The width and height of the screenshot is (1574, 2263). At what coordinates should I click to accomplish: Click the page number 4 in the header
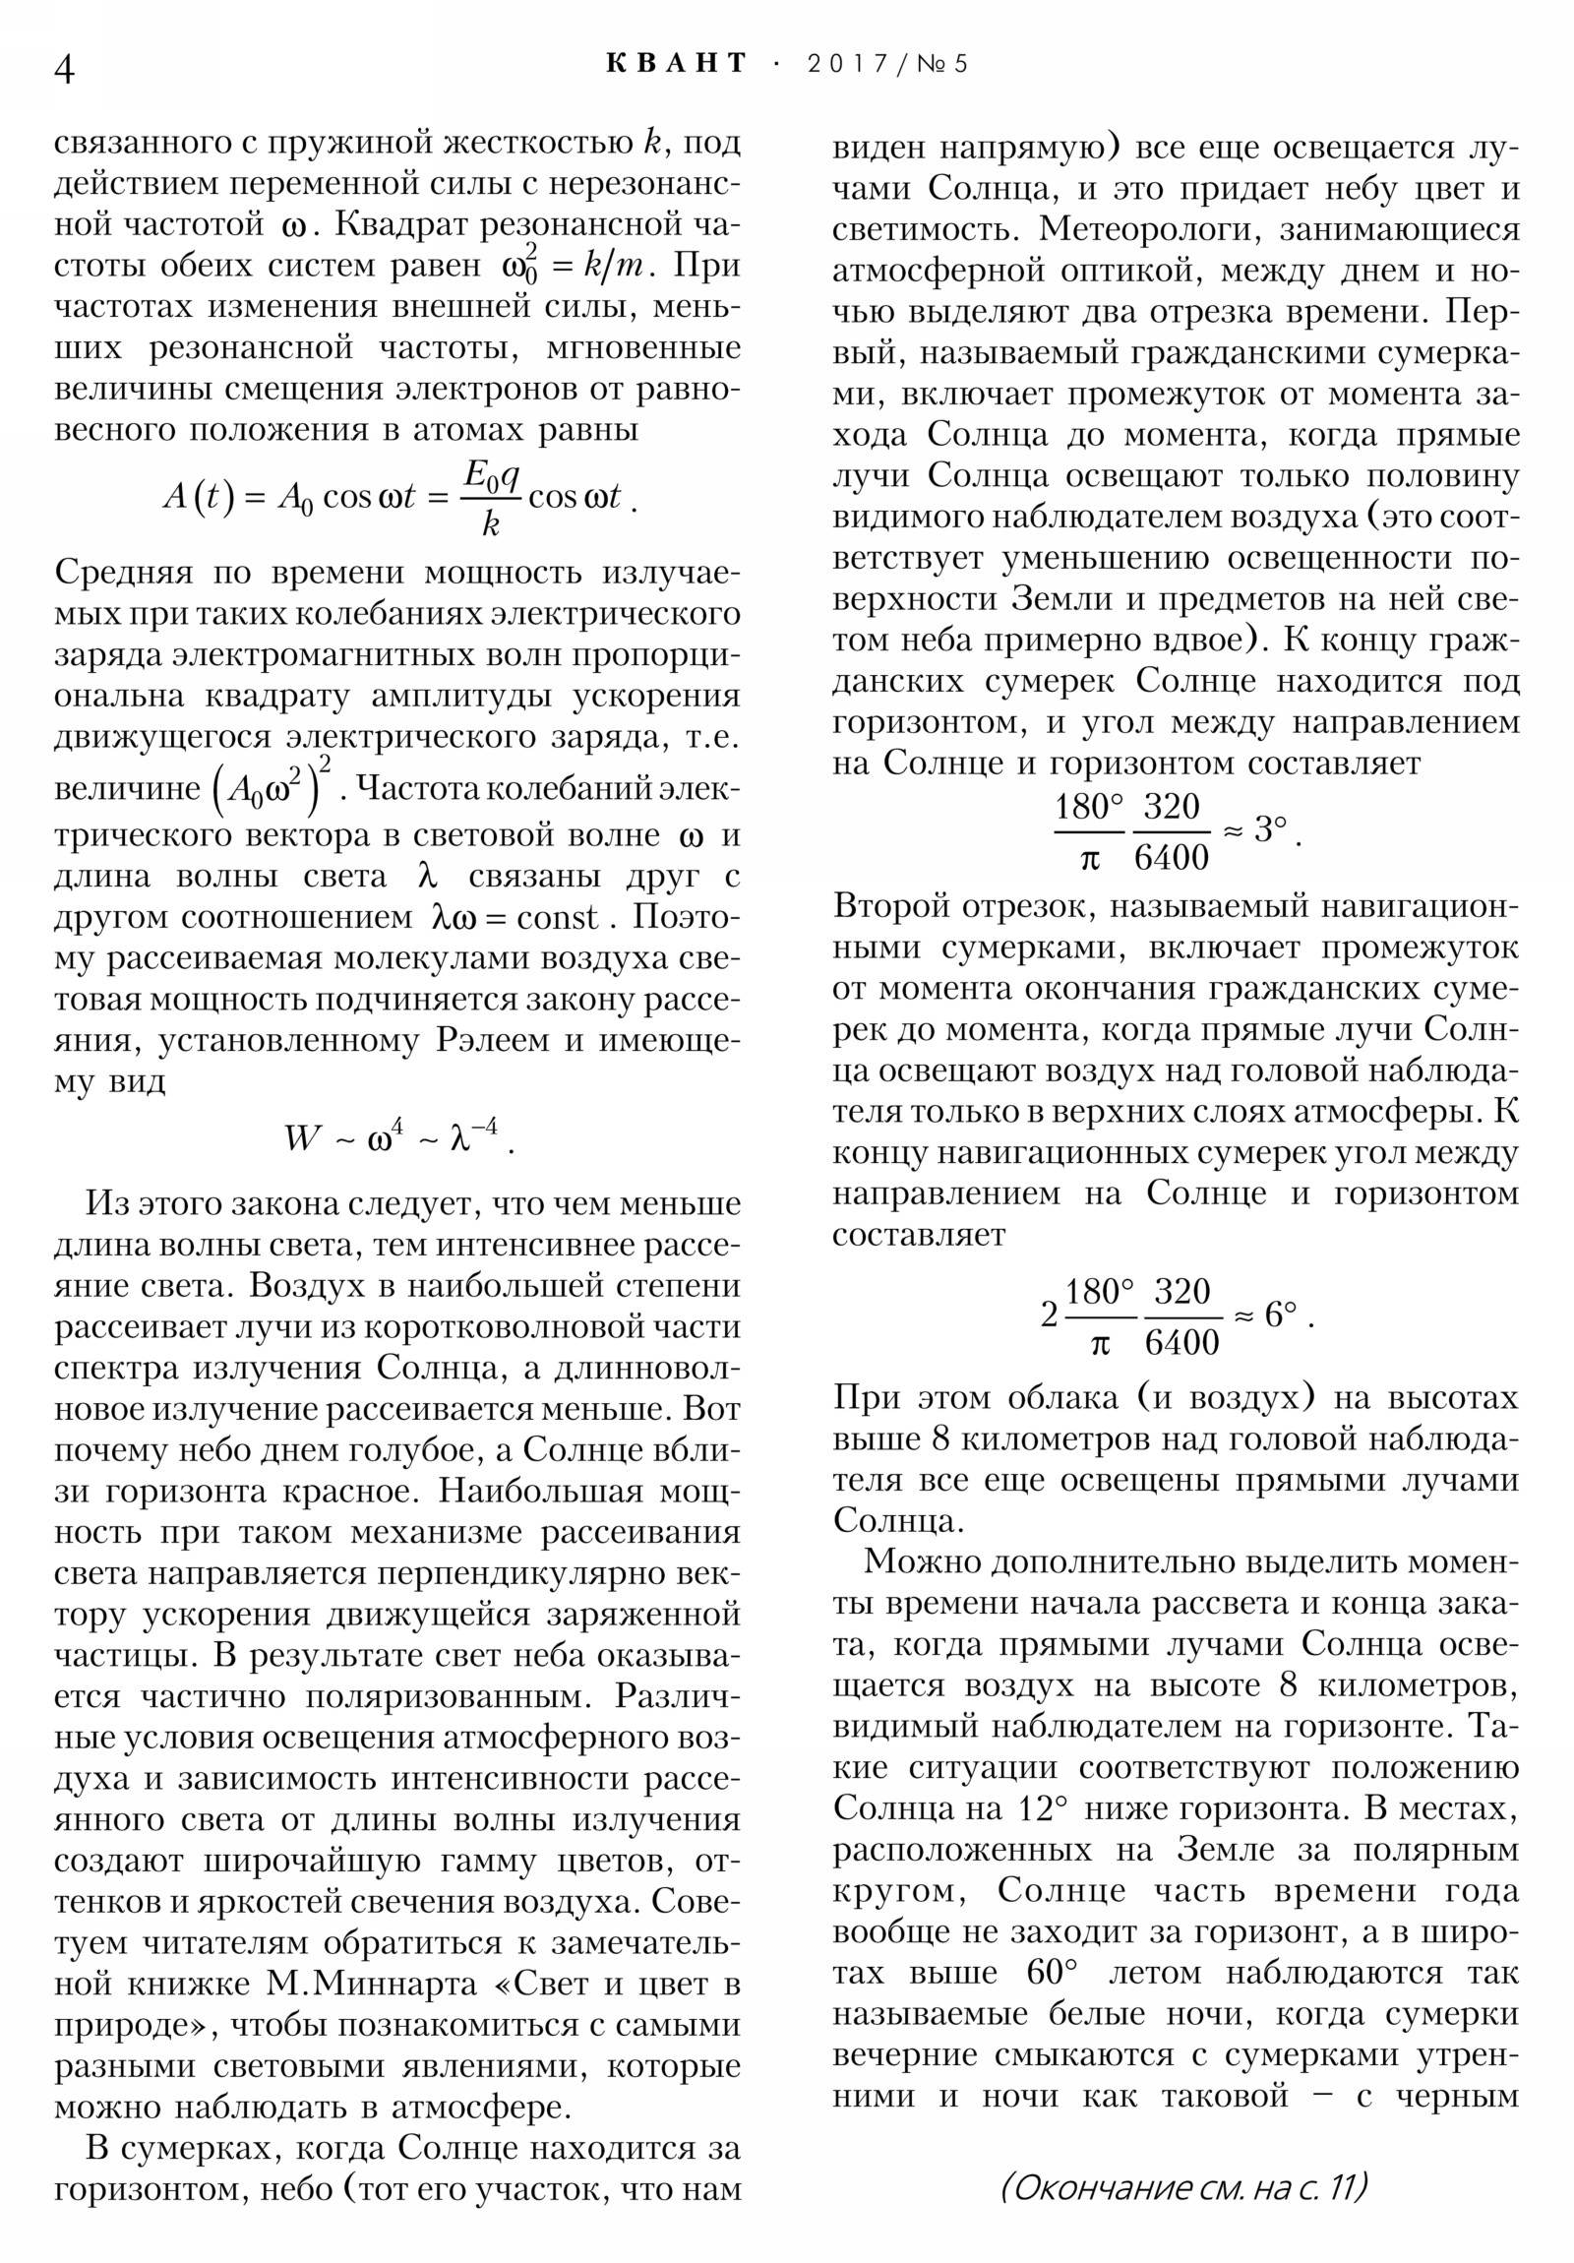coord(63,69)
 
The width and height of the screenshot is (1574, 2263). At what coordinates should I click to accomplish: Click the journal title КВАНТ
coord(677,63)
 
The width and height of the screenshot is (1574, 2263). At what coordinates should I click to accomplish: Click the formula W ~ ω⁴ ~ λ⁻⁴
coord(399,1137)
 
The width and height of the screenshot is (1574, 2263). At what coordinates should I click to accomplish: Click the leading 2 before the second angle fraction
coord(1050,1315)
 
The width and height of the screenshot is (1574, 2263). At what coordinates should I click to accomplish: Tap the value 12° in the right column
coord(1040,1808)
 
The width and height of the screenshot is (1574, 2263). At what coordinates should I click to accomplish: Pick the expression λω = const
coord(515,918)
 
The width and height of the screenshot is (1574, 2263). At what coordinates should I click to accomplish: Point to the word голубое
coord(393,1450)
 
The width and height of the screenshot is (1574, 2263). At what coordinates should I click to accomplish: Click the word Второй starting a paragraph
coord(897,906)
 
